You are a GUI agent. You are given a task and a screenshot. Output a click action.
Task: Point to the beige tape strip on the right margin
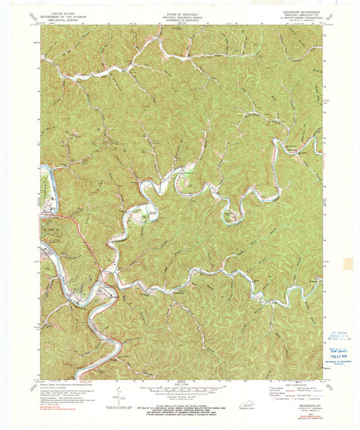click(348, 264)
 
